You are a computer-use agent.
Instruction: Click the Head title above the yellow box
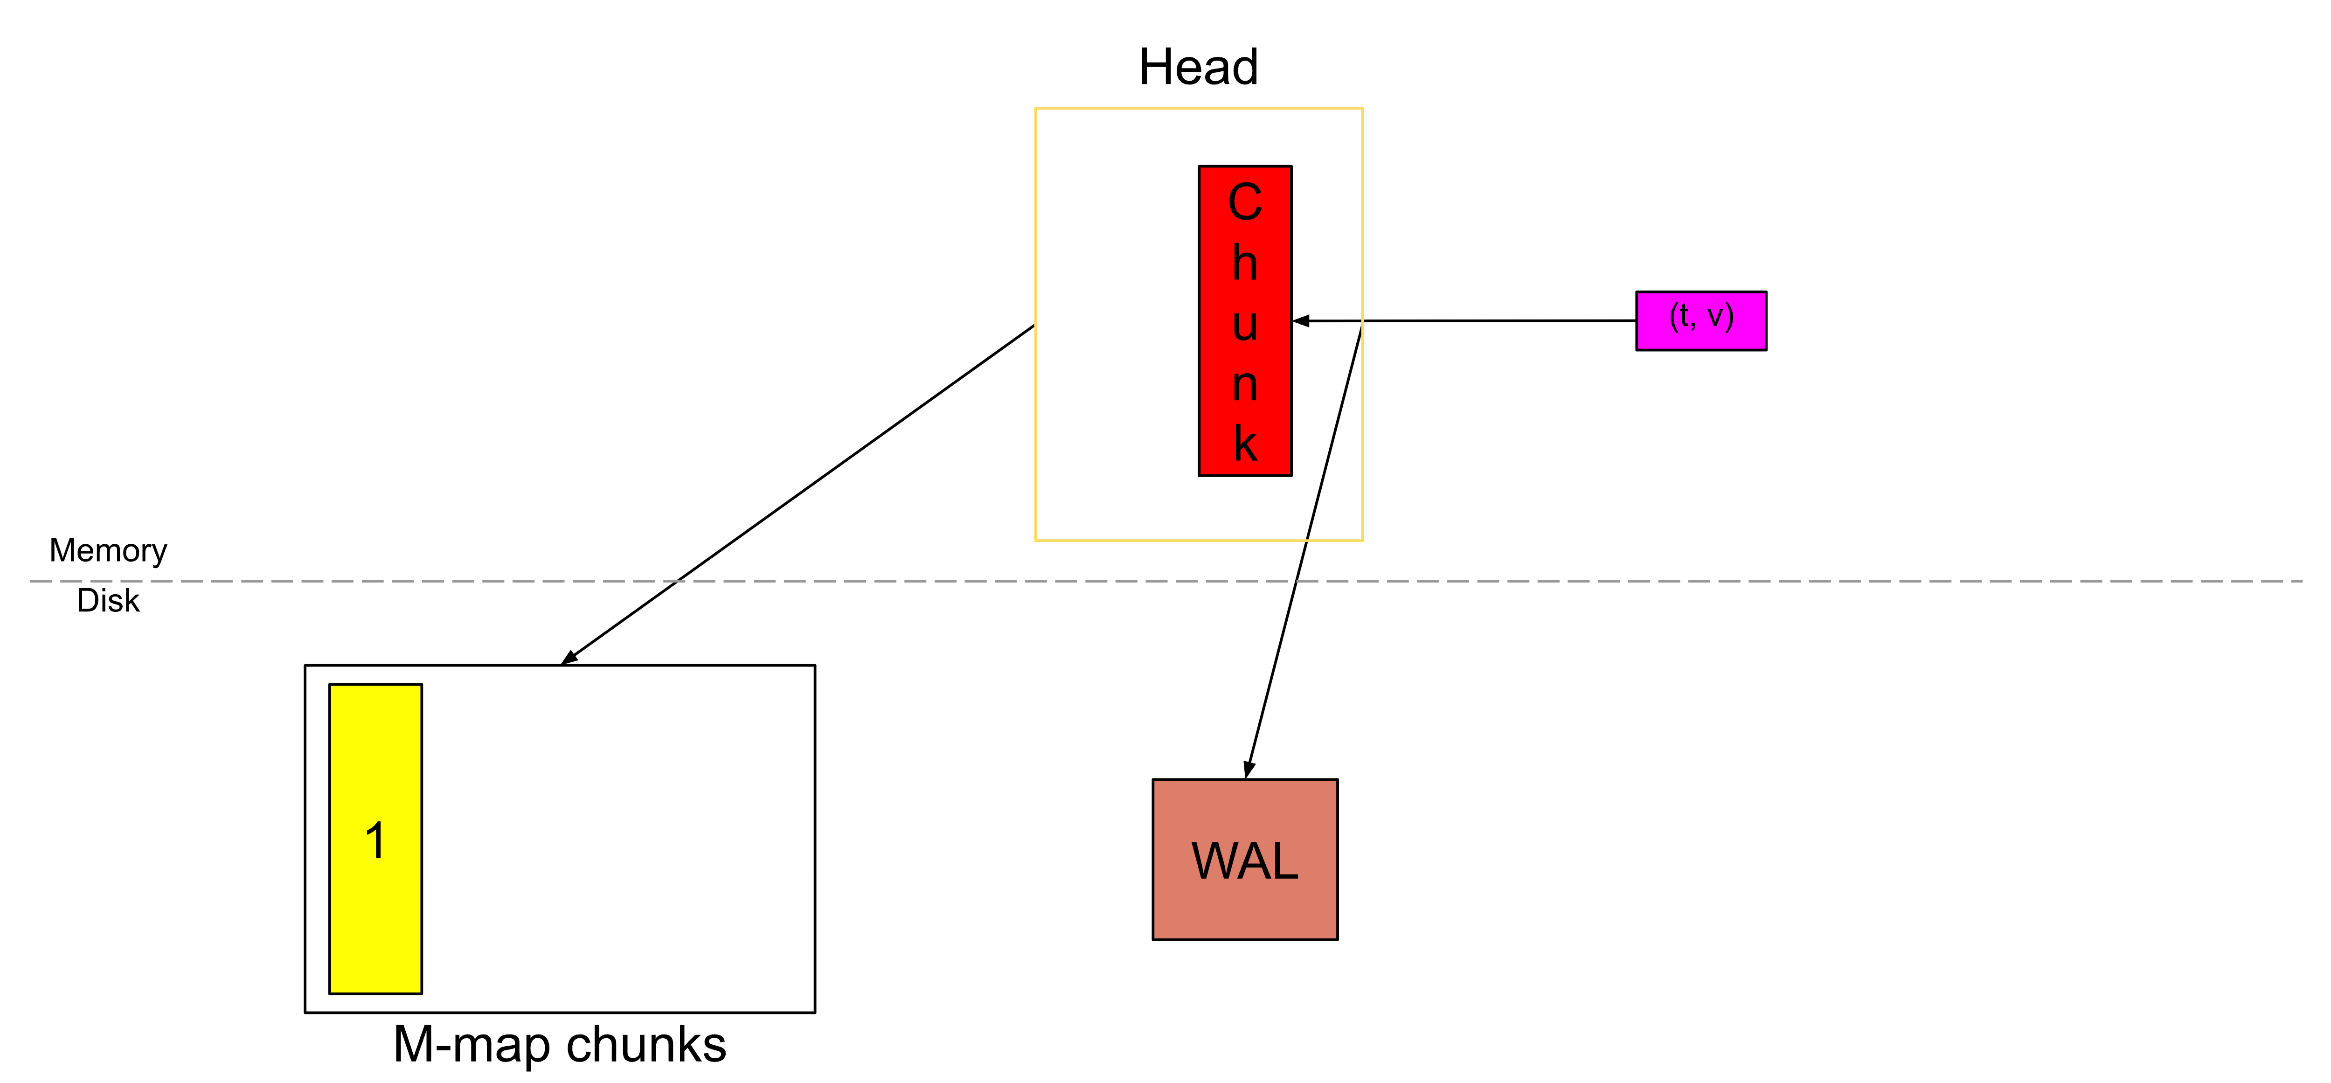[1198, 68]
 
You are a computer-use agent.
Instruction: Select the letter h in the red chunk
[1245, 263]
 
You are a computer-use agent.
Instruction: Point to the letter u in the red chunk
[1245, 324]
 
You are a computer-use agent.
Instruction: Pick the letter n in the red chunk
[1245, 384]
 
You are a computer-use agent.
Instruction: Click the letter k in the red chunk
[1245, 444]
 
